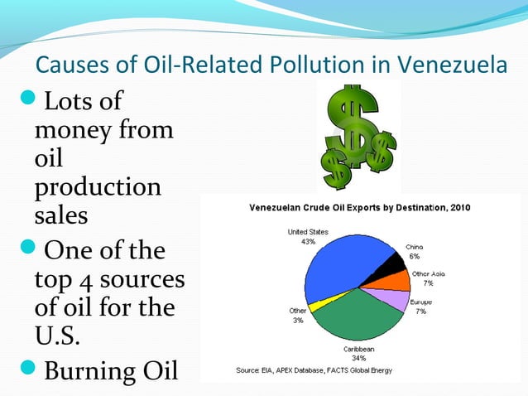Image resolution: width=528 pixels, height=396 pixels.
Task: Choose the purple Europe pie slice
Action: pos(396,299)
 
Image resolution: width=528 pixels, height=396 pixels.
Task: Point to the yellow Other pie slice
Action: pos(314,305)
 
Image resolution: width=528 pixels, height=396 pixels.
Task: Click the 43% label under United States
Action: pos(309,242)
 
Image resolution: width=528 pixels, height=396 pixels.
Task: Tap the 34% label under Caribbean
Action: pos(359,359)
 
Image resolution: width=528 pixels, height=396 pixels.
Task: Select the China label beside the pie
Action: pos(415,247)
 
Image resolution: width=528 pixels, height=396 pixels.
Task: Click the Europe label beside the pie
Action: pos(420,302)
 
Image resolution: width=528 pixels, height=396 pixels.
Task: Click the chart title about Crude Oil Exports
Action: pos(359,207)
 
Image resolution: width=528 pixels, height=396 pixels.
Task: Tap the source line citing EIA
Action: pos(314,369)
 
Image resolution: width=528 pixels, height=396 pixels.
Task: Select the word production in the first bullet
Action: pos(98,186)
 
